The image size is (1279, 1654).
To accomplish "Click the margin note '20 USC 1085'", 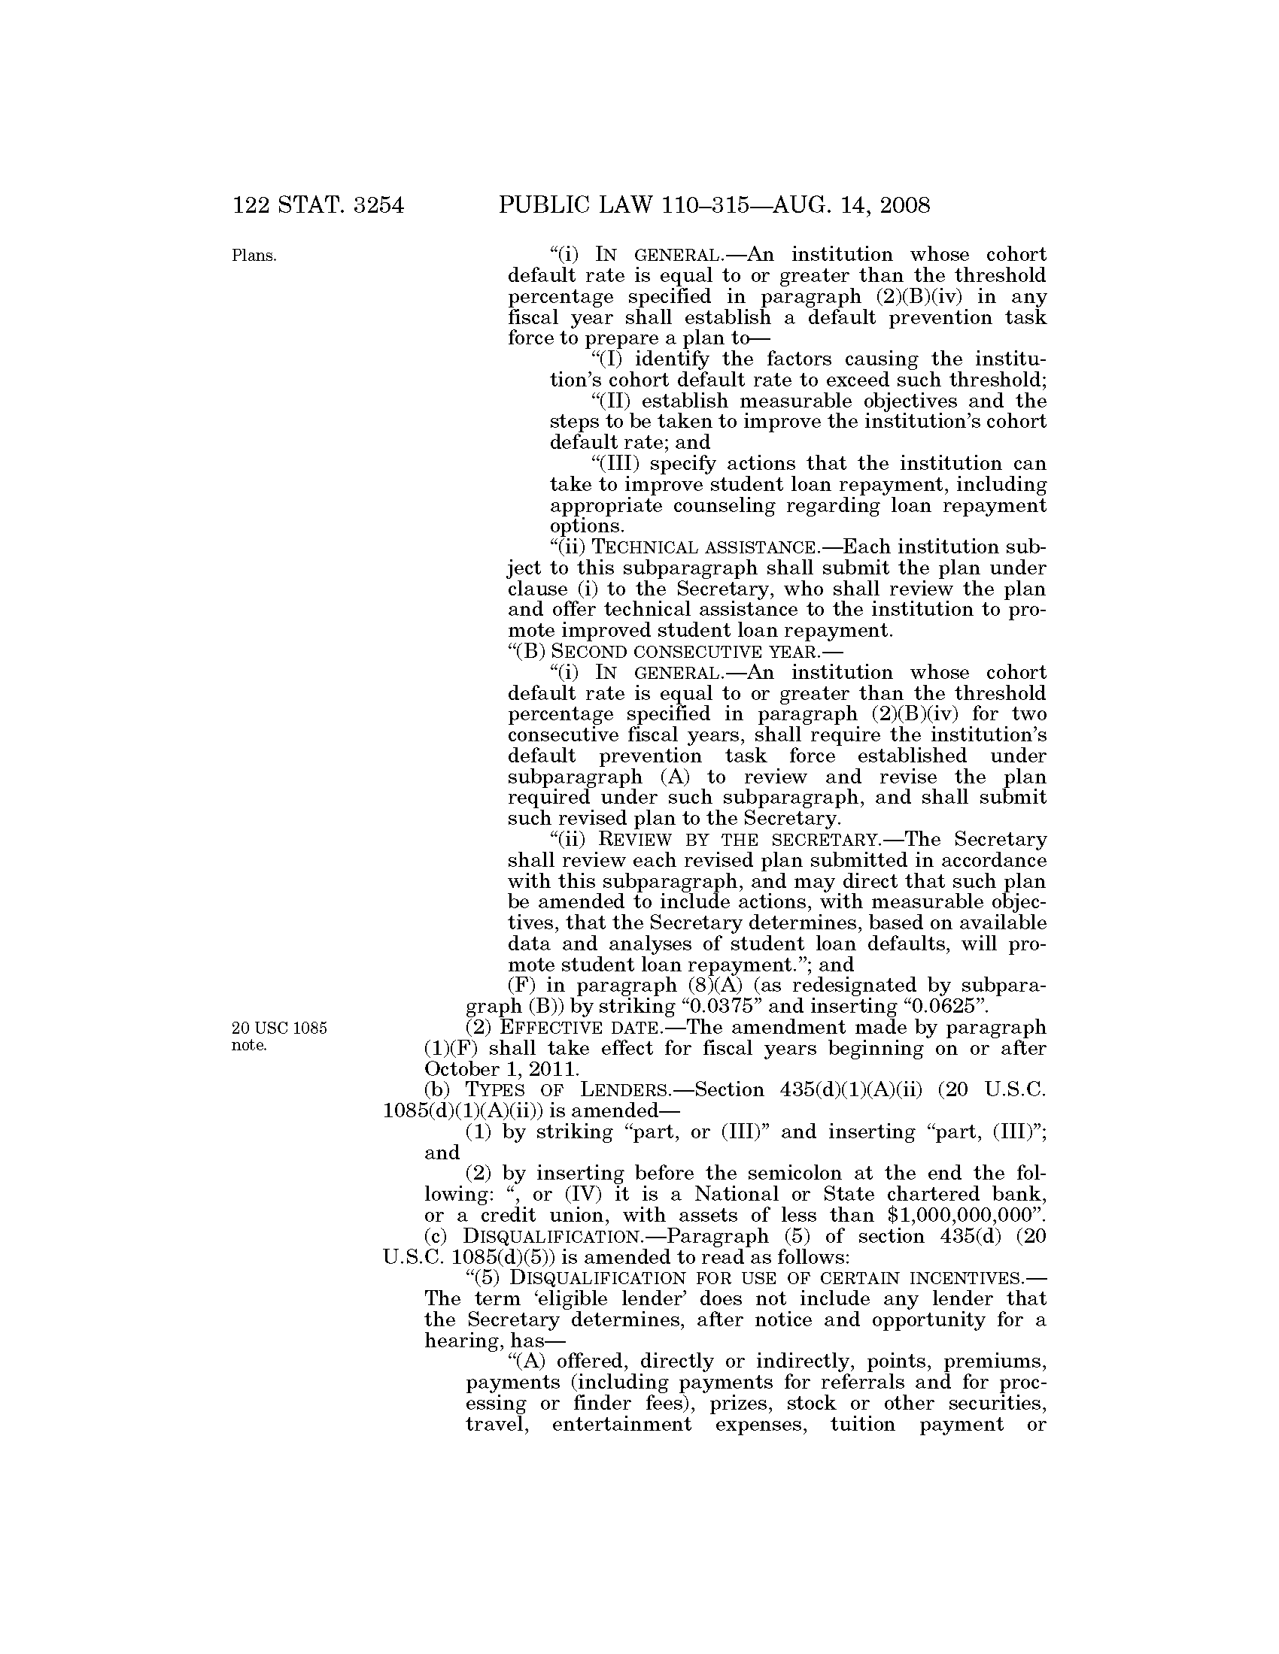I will tap(280, 1028).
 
